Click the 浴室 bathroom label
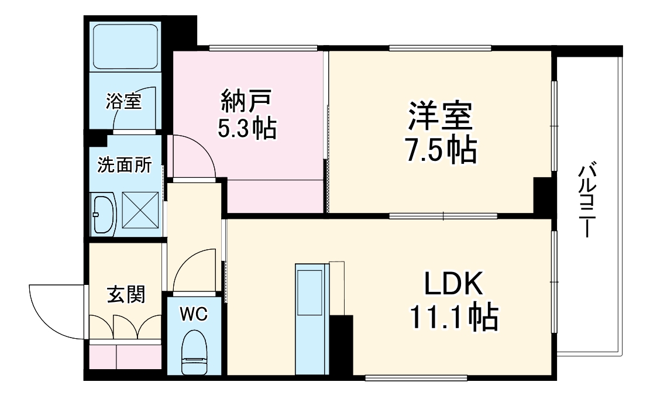pos(123,101)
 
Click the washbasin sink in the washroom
pos(104,214)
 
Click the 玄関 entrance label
pos(125,295)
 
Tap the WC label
pos(194,314)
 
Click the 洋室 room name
pos(440,116)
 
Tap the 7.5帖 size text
pos(440,150)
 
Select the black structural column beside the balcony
pos(543,194)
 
